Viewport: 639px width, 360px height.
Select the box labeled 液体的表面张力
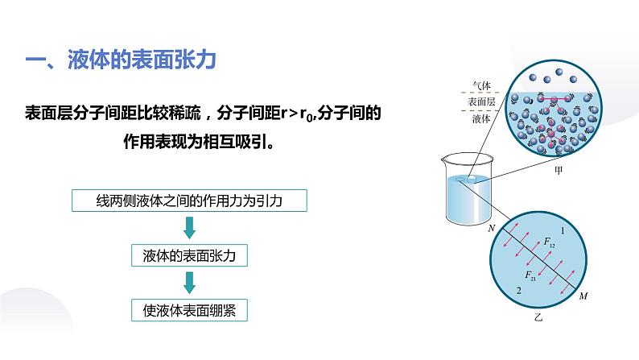189,256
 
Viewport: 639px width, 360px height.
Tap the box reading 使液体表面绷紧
189,309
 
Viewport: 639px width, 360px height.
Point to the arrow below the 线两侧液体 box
189,229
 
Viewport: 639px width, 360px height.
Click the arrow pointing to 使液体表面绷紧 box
189,283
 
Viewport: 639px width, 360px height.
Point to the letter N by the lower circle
491,228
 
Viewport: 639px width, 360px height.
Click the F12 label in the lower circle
549,242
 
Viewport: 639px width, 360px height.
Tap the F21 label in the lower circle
533,277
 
